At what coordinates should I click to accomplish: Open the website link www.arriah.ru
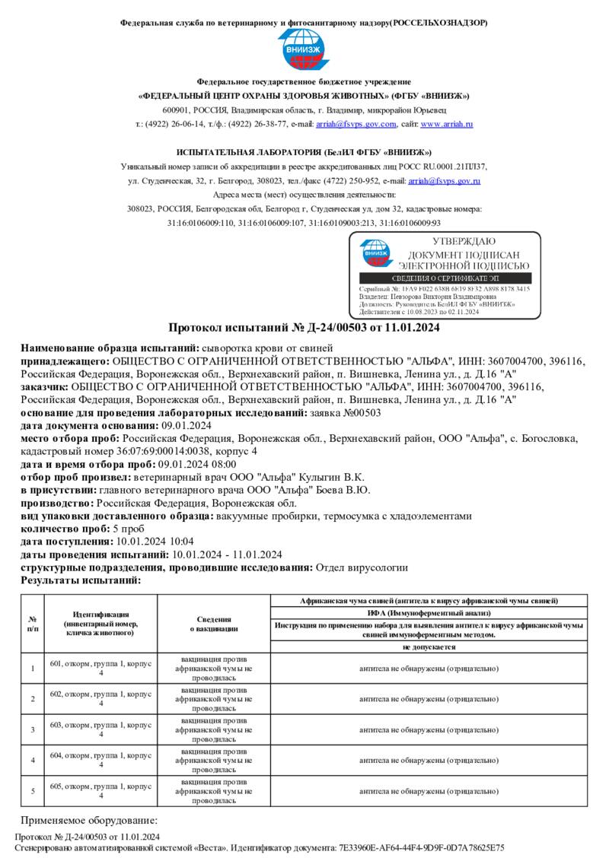tap(447, 124)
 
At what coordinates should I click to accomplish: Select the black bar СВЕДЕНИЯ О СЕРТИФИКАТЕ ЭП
tap(445, 278)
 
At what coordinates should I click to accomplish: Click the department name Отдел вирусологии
tap(362, 567)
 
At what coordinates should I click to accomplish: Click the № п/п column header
tap(33, 624)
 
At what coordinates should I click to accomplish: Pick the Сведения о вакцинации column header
tap(213, 624)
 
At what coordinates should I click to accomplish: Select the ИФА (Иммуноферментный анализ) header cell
tap(429, 612)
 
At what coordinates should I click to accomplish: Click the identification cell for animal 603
tap(101, 729)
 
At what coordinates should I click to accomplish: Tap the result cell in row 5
tap(429, 791)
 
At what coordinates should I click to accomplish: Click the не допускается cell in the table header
tap(429, 647)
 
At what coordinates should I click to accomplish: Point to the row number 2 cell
tap(33, 698)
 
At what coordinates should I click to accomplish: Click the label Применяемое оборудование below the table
tap(88, 821)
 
